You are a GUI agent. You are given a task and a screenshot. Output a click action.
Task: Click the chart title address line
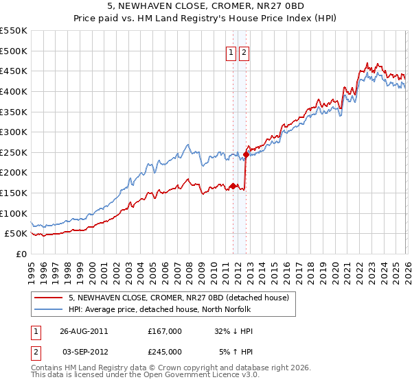click(x=206, y=6)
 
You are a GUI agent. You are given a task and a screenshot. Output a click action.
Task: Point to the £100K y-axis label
click(x=14, y=213)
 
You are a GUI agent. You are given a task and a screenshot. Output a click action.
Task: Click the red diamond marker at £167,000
click(x=233, y=186)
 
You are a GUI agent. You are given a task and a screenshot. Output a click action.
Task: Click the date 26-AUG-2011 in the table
click(x=84, y=331)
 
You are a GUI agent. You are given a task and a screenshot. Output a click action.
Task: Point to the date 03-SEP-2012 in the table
click(x=84, y=352)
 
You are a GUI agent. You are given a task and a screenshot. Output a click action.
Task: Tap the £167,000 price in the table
click(x=165, y=331)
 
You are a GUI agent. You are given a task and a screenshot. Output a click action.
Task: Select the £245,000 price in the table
click(x=165, y=352)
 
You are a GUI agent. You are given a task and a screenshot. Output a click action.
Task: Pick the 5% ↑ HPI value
click(x=237, y=352)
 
